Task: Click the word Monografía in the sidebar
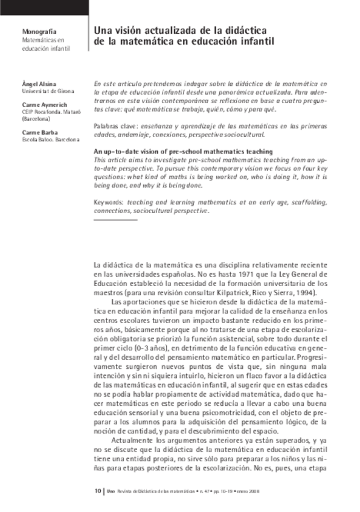tap(39, 31)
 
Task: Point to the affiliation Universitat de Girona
tap(48, 91)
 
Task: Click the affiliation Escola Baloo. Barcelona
tap(50, 139)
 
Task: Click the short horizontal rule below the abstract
tap(115, 220)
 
